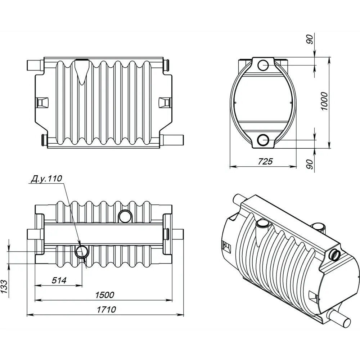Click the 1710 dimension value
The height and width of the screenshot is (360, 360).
[106, 309]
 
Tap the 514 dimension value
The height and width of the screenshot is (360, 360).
[59, 280]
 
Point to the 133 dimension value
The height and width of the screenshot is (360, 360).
[5, 287]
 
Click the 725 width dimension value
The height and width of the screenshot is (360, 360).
[265, 161]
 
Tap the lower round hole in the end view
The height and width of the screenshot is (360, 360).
[264, 139]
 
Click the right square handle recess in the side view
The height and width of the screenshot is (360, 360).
[165, 102]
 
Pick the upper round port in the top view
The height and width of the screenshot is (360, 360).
[125, 216]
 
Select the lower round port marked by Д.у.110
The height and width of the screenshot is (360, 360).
[81, 252]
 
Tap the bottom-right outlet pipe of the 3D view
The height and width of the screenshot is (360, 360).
[340, 319]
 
